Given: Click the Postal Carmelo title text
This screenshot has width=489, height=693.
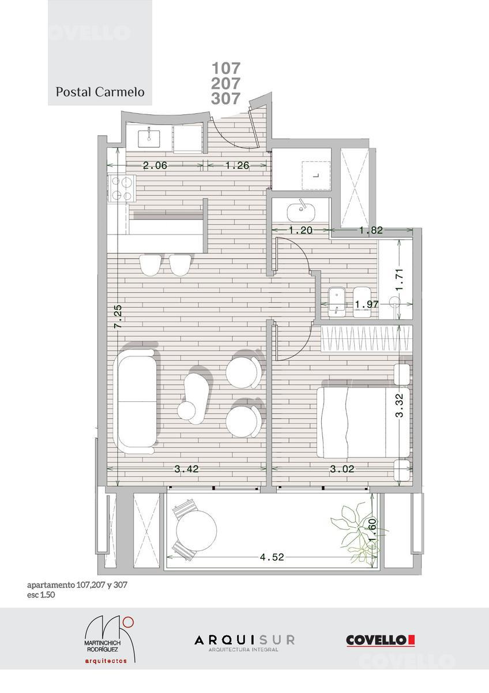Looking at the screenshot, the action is click(x=100, y=92).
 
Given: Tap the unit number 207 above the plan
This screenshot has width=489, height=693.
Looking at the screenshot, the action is click(x=225, y=83).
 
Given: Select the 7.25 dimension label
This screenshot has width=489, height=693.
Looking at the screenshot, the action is click(x=118, y=316).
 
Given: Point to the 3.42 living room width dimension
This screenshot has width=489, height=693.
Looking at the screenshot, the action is click(x=187, y=469).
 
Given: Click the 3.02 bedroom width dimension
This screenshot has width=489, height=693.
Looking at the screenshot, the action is click(x=343, y=469).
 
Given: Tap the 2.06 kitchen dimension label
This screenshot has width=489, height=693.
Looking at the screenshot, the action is click(x=155, y=166).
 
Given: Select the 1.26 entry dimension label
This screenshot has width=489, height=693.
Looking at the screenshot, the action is click(x=237, y=166).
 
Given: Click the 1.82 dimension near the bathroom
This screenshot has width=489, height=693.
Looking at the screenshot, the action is click(x=371, y=230).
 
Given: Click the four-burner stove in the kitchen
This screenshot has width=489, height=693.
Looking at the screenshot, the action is click(x=122, y=188).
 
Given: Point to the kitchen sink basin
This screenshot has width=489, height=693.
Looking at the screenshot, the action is click(x=149, y=138).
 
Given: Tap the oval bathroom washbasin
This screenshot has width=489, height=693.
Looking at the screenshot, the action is click(x=301, y=211).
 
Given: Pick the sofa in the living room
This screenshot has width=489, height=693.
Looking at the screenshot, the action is click(x=136, y=402).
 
